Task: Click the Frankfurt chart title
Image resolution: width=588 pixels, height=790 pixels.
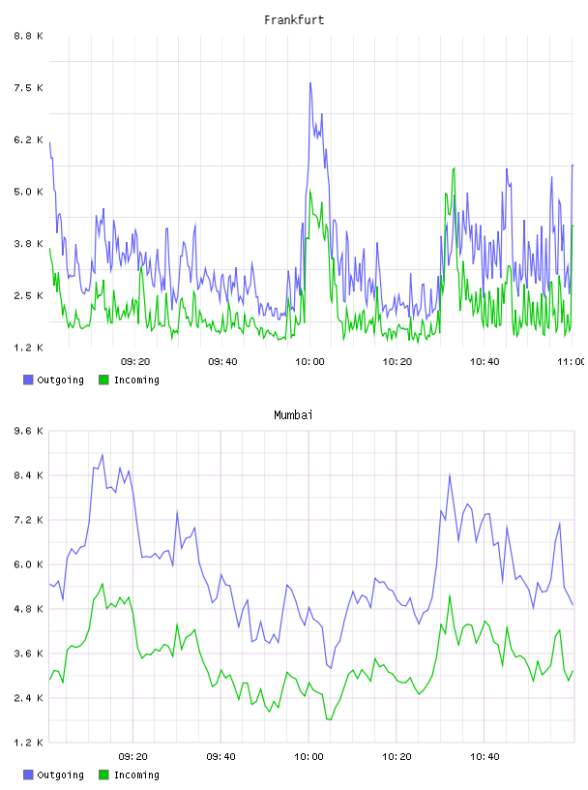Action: tap(294, 20)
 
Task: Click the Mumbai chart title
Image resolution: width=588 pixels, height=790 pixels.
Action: tap(293, 415)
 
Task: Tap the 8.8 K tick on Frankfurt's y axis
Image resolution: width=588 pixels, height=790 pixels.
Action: tap(29, 36)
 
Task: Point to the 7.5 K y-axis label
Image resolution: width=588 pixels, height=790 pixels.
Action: tap(29, 88)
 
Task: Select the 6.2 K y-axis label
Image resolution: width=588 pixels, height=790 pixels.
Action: tap(29, 139)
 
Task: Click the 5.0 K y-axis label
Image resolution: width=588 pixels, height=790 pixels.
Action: tap(29, 192)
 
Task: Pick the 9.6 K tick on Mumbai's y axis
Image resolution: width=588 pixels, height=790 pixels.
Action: tap(29, 431)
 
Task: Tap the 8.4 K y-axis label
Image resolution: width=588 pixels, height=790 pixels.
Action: tap(29, 475)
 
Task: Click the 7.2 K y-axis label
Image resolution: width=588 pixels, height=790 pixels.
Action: tap(29, 520)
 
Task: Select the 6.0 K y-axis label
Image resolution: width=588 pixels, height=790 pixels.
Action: tap(29, 564)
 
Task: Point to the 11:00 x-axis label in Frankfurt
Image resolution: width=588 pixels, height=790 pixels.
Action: tap(572, 361)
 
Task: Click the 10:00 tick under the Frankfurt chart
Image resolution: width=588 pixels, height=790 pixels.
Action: tap(309, 361)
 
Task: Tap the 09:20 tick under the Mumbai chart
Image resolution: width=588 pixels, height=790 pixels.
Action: tap(132, 756)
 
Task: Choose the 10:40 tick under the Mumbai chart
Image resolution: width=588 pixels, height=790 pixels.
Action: tap(485, 756)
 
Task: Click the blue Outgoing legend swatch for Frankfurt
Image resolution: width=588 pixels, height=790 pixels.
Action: tap(28, 380)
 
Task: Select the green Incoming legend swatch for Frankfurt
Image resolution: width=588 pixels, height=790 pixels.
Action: tap(103, 380)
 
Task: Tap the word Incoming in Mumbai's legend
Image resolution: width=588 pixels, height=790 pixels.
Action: tap(136, 775)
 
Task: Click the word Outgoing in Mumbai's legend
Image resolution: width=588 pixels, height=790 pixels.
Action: tap(60, 775)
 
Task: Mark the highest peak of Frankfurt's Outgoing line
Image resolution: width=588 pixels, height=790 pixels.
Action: tap(310, 82)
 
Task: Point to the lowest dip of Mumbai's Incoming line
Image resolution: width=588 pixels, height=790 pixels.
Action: tap(331, 719)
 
